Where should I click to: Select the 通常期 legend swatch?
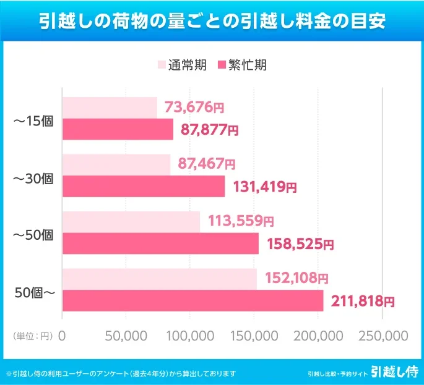[162, 65]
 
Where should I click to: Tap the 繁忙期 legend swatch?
[223, 65]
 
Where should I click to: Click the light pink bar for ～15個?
[110, 108]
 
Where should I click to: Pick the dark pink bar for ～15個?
[118, 129]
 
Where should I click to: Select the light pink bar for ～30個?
[116, 164]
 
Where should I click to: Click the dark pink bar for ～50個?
[160, 243]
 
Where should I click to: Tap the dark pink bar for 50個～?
[193, 301]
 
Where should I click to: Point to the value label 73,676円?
[194, 108]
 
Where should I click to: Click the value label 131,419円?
[264, 186]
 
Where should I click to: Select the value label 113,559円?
[238, 221]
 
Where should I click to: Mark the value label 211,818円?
[363, 301]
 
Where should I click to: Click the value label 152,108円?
[296, 279]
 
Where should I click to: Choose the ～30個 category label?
[33, 179]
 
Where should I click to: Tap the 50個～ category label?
[35, 292]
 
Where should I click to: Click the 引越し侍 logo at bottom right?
[394, 372]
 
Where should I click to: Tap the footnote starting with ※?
[121, 373]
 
